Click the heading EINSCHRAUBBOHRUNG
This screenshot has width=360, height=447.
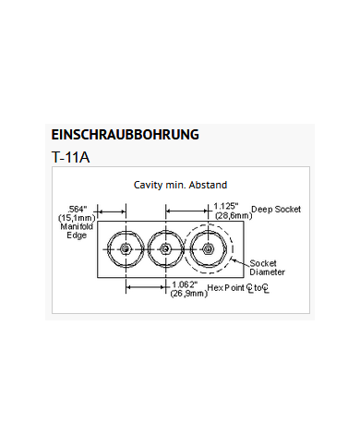[x=125, y=134]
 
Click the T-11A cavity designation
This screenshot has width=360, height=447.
[x=71, y=157]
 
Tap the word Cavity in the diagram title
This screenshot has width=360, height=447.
[x=150, y=185]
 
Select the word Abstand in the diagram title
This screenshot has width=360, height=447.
[x=208, y=185]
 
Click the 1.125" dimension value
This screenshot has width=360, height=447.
[x=226, y=205]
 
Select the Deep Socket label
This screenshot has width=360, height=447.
[x=275, y=209]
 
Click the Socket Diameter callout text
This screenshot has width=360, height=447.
[x=268, y=268]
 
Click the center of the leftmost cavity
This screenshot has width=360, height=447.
[x=124, y=249]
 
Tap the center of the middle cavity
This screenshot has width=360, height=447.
[x=164, y=249]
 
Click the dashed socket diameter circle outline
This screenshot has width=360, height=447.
[x=234, y=249]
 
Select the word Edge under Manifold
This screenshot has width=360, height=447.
[x=77, y=236]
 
